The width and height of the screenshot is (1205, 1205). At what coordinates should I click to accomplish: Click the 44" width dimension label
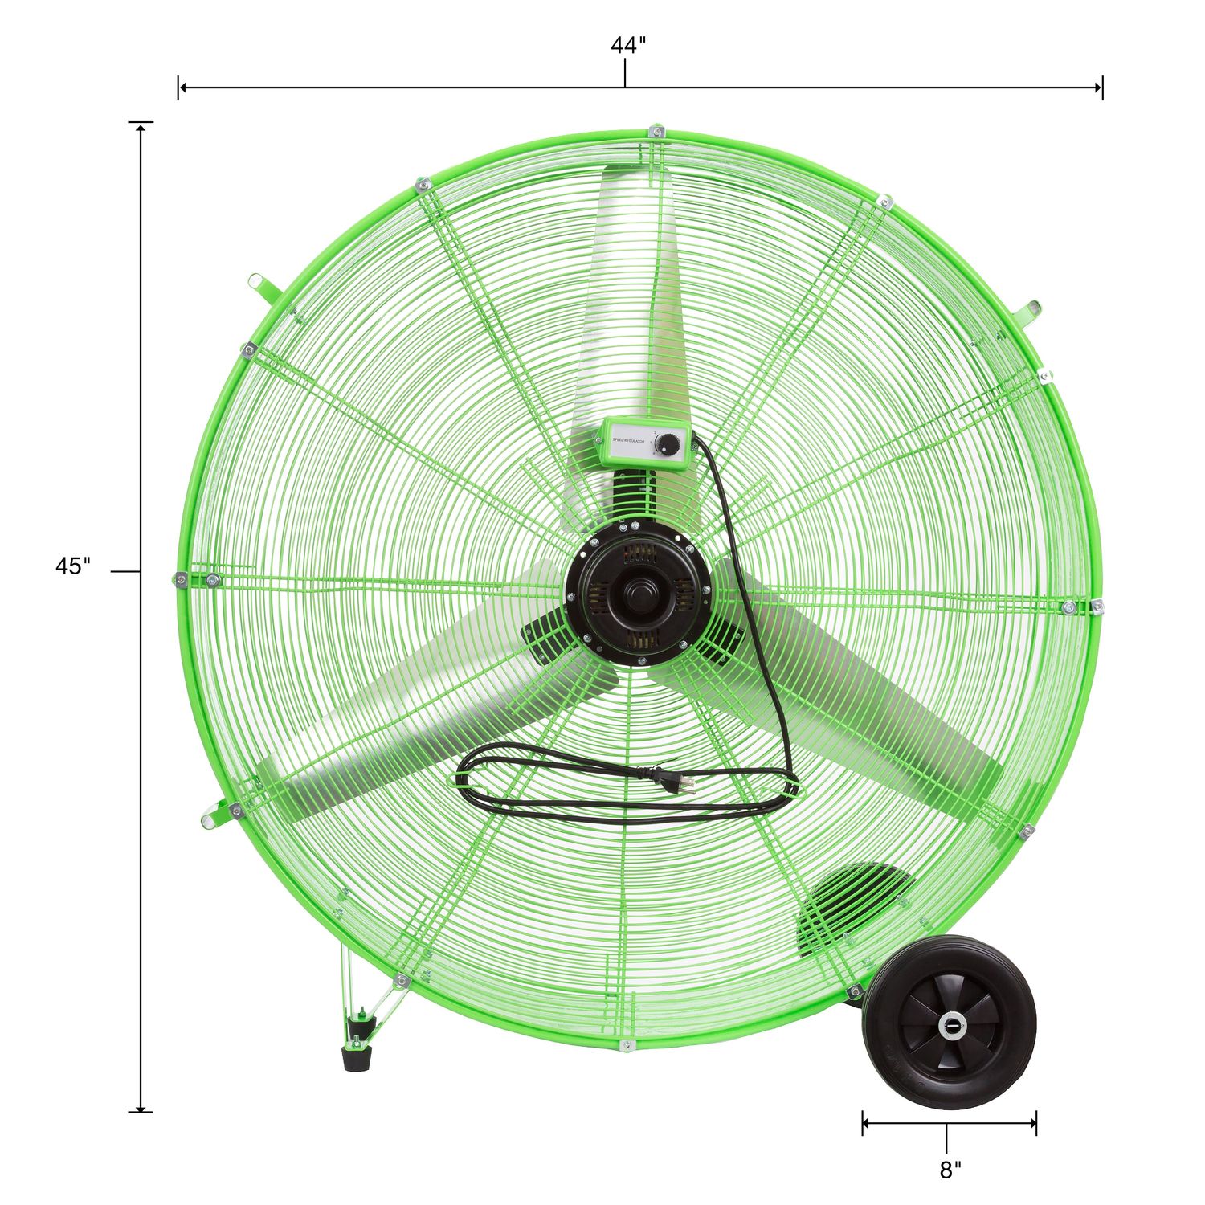pyautogui.click(x=627, y=46)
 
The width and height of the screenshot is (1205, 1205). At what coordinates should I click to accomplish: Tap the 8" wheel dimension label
pyautogui.click(x=950, y=1170)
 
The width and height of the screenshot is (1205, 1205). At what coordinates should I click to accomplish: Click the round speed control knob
pyautogui.click(x=670, y=443)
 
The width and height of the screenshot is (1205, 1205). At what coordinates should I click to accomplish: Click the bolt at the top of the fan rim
pyautogui.click(x=657, y=130)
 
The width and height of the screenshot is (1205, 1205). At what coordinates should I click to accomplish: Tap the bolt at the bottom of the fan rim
pyautogui.click(x=627, y=1044)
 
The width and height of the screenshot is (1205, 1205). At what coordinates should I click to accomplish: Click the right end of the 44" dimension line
pyautogui.click(x=1101, y=87)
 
